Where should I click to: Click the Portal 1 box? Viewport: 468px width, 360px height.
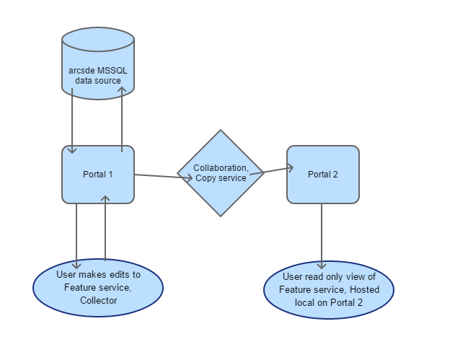click(98, 175)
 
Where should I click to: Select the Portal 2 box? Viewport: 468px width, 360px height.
click(323, 175)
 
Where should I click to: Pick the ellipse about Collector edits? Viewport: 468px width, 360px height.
click(98, 288)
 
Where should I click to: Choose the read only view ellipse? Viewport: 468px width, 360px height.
click(329, 290)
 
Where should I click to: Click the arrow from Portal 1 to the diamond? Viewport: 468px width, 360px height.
click(164, 177)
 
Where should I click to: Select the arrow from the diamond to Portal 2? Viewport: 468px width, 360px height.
click(272, 171)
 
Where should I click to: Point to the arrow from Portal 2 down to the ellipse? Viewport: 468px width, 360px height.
click(322, 236)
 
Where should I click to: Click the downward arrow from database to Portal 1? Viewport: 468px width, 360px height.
click(72, 121)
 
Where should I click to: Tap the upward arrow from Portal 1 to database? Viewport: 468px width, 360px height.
click(122, 120)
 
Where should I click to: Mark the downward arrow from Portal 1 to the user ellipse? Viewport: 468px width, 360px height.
click(76, 236)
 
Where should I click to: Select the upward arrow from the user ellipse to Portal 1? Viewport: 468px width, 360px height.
click(105, 229)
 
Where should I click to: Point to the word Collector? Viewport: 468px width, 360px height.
click(99, 300)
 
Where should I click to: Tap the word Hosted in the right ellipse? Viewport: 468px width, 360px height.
click(364, 289)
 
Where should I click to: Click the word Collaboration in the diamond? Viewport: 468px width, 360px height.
click(221, 168)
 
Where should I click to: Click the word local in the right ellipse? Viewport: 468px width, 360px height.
click(305, 303)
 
